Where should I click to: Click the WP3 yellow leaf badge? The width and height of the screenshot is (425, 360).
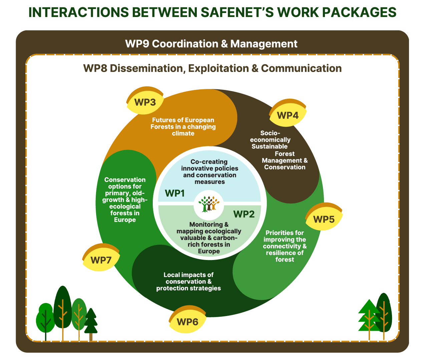[145, 102]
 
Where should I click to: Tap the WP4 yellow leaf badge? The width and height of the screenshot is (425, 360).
[288, 115]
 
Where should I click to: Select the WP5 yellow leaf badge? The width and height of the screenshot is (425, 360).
[324, 219]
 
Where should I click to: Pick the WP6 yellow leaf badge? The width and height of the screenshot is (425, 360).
[187, 322]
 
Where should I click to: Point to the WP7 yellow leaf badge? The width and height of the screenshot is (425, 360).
[101, 260]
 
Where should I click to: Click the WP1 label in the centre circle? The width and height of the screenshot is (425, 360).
[174, 193]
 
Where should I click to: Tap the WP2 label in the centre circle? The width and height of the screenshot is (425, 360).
[244, 214]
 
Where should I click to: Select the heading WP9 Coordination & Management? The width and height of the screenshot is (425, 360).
[211, 44]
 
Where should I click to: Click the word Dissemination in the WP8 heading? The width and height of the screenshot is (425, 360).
[146, 68]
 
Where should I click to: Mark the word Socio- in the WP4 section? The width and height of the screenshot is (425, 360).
[270, 133]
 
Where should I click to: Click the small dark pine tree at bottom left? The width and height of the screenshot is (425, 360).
[91, 322]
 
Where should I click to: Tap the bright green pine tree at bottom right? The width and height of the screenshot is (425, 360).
[369, 317]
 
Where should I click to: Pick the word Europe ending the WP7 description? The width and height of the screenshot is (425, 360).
[125, 220]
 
